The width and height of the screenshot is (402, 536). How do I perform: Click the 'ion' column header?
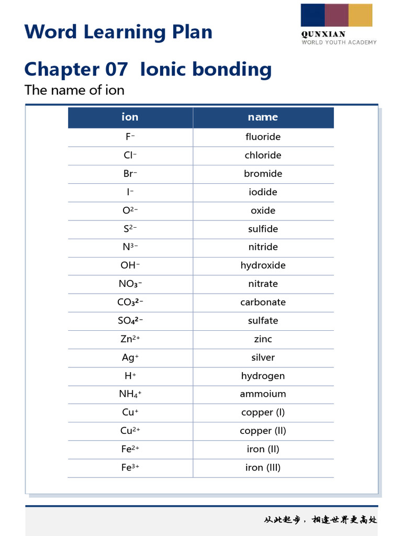(130, 117)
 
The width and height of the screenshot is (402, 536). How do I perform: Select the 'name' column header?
(263, 117)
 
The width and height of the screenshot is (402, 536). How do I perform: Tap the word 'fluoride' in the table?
(263, 137)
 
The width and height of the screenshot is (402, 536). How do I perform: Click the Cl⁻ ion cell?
(130, 155)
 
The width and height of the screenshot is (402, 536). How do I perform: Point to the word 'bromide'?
(263, 174)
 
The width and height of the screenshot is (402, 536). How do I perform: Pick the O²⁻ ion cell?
(130, 210)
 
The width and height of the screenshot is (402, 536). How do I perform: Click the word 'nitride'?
(263, 247)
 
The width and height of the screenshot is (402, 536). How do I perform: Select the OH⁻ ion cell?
(130, 265)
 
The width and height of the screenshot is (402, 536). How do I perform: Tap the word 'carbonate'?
(263, 303)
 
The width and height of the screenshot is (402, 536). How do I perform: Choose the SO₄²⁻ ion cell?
(130, 321)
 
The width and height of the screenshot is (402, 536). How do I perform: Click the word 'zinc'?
(263, 339)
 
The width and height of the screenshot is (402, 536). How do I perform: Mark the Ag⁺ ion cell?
(130, 358)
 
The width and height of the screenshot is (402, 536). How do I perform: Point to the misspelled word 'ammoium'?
(263, 394)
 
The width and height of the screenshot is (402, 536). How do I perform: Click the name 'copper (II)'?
(263, 431)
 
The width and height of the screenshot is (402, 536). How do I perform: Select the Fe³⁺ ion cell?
(130, 467)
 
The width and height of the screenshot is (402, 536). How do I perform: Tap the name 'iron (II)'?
(263, 449)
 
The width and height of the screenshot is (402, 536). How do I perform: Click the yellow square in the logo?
(360, 15)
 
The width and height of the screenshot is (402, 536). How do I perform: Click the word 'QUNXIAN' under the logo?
(323, 35)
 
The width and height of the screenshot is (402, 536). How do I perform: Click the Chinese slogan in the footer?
(320, 520)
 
